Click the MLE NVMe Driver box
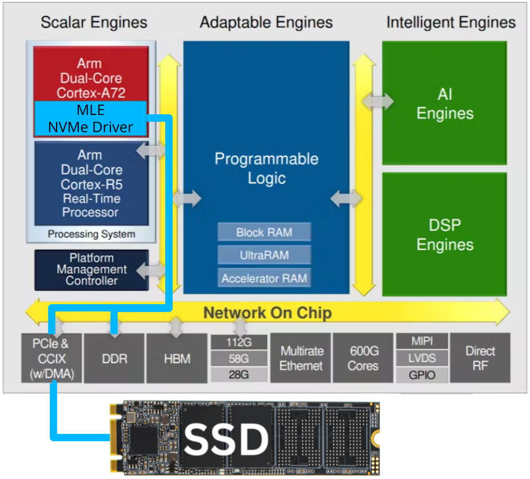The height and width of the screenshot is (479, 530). pyautogui.click(x=90, y=118)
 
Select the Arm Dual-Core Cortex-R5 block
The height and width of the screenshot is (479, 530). pyautogui.click(x=91, y=183)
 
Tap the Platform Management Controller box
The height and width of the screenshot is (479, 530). pyautogui.click(x=91, y=269)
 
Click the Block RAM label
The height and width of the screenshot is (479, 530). pyautogui.click(x=264, y=232)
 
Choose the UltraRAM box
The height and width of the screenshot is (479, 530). pyautogui.click(x=264, y=255)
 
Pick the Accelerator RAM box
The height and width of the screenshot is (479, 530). pyautogui.click(x=264, y=278)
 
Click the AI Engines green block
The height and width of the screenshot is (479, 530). pyautogui.click(x=444, y=103)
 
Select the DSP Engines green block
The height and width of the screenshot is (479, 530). pyautogui.click(x=444, y=234)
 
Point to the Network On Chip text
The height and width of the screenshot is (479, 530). pyautogui.click(x=267, y=313)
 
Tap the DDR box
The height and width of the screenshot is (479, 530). pyautogui.click(x=114, y=359)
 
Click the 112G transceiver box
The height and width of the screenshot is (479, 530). pyautogui.click(x=239, y=342)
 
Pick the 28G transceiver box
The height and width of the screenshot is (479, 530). pyautogui.click(x=239, y=374)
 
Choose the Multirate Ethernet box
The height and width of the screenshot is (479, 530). pyautogui.click(x=301, y=358)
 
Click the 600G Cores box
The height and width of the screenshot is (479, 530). pyautogui.click(x=363, y=358)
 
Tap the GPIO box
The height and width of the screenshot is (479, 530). pyautogui.click(x=422, y=375)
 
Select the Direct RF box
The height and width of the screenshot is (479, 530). pyautogui.click(x=480, y=358)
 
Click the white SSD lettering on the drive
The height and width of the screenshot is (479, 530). pyautogui.click(x=226, y=439)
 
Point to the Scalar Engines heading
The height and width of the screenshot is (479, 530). pyautogui.click(x=94, y=22)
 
